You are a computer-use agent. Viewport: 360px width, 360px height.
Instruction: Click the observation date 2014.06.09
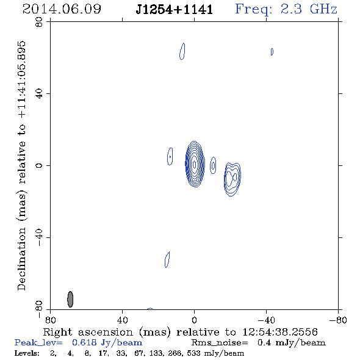[62, 9]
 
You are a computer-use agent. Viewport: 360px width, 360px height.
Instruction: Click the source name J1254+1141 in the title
[175, 10]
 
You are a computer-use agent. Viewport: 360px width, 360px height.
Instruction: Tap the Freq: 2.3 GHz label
[286, 9]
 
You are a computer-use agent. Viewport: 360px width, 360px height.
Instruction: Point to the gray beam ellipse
[70, 299]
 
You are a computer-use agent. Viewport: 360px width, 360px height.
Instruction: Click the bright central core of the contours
[195, 164]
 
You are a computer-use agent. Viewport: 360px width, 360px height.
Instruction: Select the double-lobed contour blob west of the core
[232, 179]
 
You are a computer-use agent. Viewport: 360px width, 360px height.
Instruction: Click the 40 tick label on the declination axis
[39, 94]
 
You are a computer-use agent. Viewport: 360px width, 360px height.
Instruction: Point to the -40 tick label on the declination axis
[39, 237]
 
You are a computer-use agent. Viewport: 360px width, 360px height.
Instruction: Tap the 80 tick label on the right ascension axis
[50, 320]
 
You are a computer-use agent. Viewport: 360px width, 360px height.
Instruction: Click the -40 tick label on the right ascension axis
[266, 320]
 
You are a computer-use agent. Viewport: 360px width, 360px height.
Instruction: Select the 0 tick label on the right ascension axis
[194, 320]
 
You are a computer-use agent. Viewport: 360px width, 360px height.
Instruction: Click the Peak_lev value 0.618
[84, 342]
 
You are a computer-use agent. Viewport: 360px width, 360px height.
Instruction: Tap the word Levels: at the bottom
[27, 353]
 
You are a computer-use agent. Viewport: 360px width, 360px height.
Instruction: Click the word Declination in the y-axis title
[21, 259]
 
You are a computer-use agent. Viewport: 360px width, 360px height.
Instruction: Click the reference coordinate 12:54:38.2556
[280, 332]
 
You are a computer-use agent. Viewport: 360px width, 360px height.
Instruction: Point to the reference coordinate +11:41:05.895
[21, 80]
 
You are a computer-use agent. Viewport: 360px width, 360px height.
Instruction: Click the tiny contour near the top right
[272, 52]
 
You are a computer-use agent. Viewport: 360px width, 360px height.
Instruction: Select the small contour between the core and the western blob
[213, 165]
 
